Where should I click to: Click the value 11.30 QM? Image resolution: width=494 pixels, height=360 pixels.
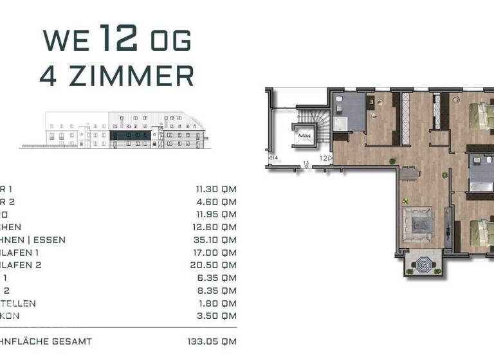tap(216, 190)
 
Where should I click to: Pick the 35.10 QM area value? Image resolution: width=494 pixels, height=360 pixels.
tap(216, 240)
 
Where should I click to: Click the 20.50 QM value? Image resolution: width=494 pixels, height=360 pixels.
tap(216, 265)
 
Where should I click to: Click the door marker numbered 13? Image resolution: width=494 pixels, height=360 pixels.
tap(307, 164)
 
